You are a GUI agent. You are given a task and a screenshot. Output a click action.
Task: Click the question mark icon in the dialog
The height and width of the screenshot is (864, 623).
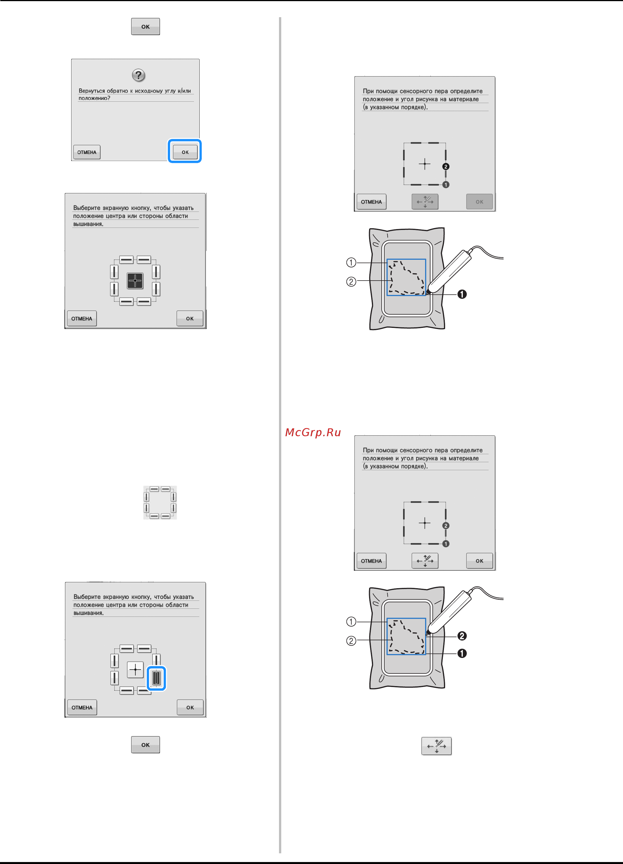click(138, 75)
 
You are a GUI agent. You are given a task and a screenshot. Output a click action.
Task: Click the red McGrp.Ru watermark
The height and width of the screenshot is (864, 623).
click(313, 432)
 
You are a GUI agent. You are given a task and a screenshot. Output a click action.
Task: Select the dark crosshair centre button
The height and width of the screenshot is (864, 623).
click(135, 281)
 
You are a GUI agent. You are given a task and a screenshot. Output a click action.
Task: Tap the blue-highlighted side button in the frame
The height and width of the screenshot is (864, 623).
click(156, 678)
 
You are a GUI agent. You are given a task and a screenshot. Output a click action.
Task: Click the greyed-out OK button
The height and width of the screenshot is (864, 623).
click(479, 202)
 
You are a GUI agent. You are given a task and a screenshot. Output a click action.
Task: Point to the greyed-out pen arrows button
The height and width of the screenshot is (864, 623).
click(425, 202)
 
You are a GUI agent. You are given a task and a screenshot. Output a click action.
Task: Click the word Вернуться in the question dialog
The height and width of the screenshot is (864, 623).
click(91, 91)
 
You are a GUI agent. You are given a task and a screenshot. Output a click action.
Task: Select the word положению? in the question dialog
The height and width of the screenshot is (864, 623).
click(94, 98)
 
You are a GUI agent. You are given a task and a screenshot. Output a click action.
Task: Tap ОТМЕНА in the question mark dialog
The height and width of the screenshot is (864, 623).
click(87, 152)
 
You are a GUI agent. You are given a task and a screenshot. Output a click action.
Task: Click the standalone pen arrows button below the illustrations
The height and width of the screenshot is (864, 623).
click(436, 746)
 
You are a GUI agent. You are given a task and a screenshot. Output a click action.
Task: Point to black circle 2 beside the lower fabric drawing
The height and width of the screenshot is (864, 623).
click(462, 636)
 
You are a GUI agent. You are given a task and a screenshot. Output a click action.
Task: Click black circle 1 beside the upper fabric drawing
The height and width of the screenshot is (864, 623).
click(462, 294)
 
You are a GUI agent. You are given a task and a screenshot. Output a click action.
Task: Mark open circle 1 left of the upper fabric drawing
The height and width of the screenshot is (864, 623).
click(351, 263)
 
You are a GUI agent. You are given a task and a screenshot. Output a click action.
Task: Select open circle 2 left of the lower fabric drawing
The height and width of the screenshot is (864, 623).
click(351, 641)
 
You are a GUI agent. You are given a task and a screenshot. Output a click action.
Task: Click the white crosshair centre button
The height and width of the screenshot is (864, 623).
click(135, 669)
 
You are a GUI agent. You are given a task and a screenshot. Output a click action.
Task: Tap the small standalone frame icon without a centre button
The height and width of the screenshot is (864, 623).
click(160, 502)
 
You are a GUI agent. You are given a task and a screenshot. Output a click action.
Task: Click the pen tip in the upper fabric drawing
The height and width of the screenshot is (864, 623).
click(427, 293)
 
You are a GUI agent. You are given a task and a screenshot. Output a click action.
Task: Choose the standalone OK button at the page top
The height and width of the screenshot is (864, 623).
click(146, 27)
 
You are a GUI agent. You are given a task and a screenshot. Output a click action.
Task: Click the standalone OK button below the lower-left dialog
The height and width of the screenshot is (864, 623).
click(146, 745)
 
